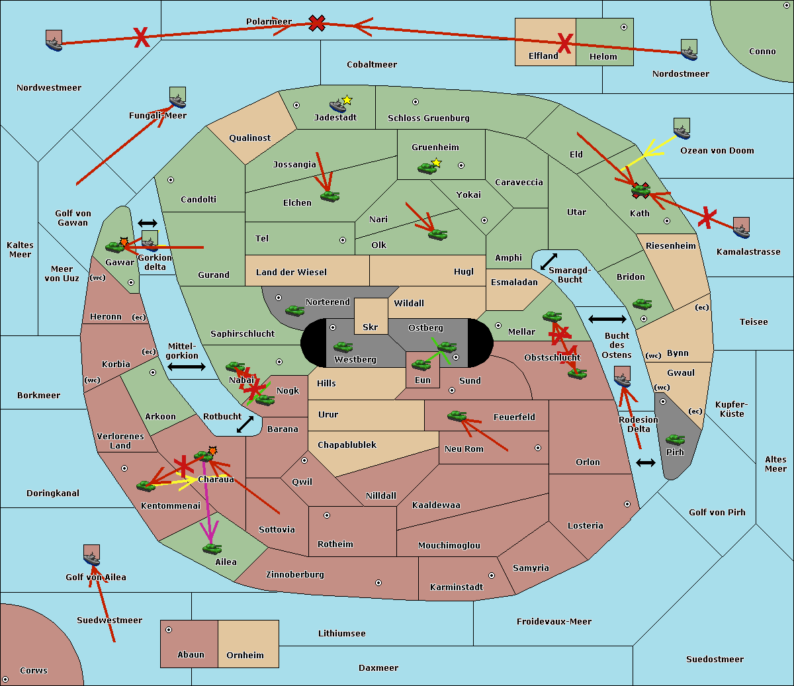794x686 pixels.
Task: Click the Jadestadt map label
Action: tap(335, 118)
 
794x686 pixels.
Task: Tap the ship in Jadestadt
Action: tap(338, 105)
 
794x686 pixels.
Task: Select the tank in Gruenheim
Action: tap(427, 169)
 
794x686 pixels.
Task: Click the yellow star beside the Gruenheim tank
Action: tap(436, 163)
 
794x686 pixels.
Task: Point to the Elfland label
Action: tap(543, 56)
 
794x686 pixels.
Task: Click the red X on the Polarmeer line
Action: tap(318, 23)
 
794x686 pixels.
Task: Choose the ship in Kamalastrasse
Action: tap(741, 228)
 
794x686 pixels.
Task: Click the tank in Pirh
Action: tap(675, 440)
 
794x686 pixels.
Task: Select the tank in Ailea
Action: tap(212, 548)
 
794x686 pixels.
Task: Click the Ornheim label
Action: tap(245, 656)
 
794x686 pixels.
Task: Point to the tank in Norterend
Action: tap(294, 310)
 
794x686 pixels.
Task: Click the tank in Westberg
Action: tap(343, 347)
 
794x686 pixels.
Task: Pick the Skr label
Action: tap(371, 327)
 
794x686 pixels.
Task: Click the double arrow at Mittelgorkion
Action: tap(187, 366)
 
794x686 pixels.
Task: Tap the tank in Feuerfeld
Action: tap(457, 416)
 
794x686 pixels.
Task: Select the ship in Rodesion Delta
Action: tap(622, 377)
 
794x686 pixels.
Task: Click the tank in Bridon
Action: tap(642, 304)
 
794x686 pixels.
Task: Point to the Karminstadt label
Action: tap(457, 587)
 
